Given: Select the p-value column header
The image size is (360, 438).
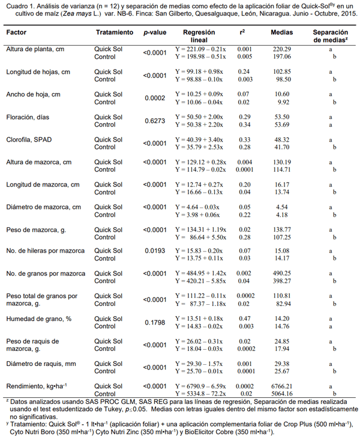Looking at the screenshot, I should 154,32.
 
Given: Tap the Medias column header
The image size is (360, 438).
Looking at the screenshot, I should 282,32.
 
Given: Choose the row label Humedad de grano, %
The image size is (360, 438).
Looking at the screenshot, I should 39,319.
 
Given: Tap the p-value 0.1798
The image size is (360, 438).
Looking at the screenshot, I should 154,323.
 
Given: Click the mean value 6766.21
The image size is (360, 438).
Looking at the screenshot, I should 282,386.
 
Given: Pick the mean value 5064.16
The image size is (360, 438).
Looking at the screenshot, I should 282,394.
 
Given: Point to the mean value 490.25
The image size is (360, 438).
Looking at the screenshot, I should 282,274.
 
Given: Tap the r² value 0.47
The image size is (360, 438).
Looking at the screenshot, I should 244,319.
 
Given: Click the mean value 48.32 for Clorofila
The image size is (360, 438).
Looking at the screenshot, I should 282,139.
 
